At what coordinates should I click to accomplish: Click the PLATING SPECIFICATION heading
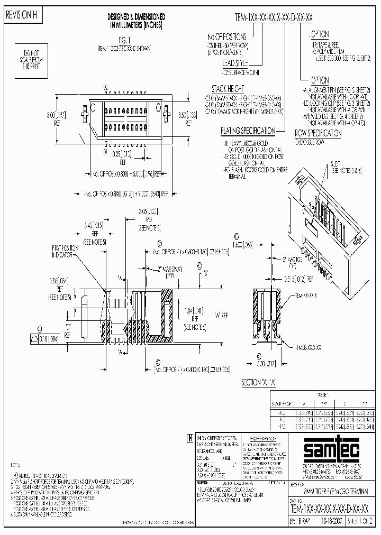coord(248,131)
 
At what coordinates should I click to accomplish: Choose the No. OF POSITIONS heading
coord(226,36)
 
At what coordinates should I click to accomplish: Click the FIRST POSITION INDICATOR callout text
coord(67,252)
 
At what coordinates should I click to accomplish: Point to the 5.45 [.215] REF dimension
coord(95,229)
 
